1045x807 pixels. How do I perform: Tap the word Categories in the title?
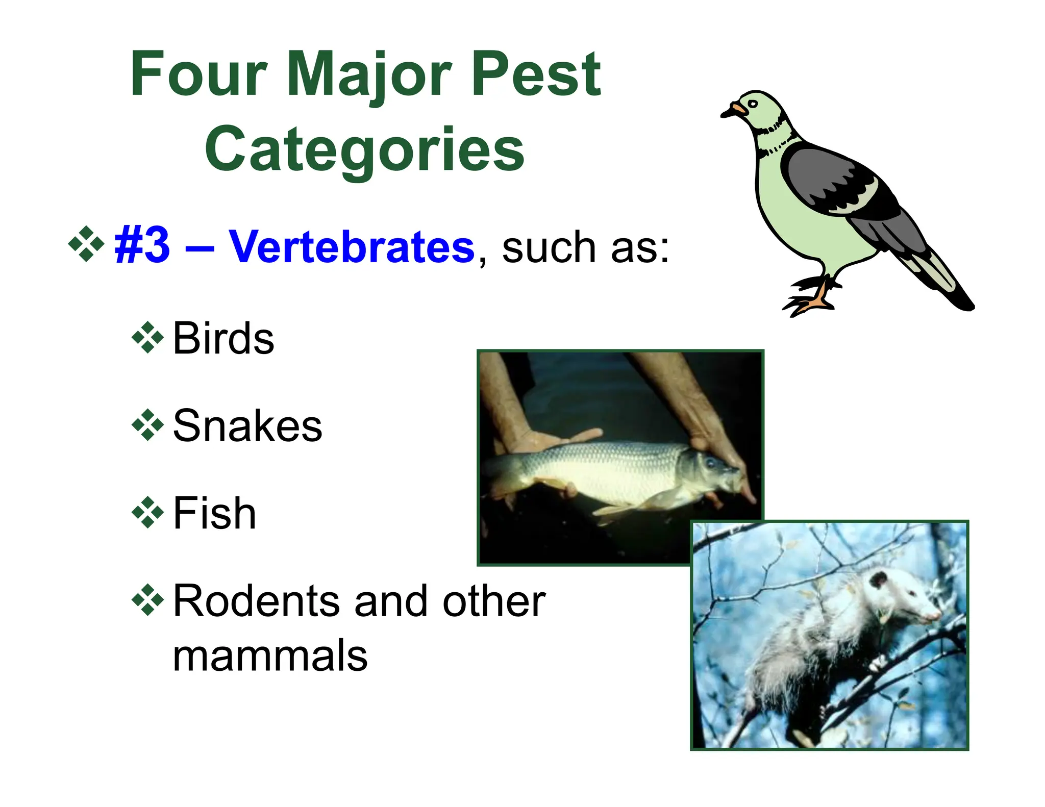[x=365, y=149]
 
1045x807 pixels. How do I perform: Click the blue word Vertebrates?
[x=352, y=247]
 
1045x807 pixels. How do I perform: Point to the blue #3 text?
[x=142, y=246]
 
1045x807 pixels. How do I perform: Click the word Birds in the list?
[x=223, y=338]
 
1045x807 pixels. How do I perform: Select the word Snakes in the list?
[x=247, y=426]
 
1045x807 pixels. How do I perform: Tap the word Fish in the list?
[x=214, y=514]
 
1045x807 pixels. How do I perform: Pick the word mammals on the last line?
[x=270, y=657]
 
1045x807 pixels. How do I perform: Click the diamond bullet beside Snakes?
[x=147, y=425]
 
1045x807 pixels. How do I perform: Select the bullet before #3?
[x=86, y=244]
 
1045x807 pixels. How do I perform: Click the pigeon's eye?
[x=753, y=104]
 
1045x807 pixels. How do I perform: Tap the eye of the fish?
[x=710, y=463]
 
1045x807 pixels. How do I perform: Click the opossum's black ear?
[x=878, y=580]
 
